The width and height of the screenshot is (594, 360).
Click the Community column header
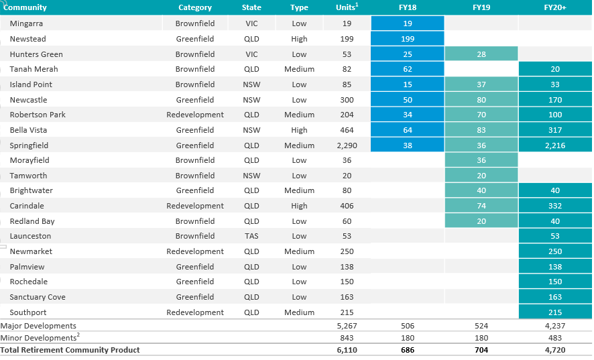[25, 7]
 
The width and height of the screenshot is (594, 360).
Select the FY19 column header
[481, 7]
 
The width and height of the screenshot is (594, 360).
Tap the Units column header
[347, 7]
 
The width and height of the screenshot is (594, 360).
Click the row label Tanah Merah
[34, 69]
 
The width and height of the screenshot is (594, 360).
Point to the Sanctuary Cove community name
[38, 297]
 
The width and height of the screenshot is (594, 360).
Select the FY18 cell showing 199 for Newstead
[407, 39]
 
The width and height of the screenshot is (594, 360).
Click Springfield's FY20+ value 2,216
[555, 145]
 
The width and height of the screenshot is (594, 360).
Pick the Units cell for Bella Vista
[347, 130]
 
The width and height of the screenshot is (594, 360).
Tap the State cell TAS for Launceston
[251, 236]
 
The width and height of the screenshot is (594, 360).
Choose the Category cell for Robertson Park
[195, 115]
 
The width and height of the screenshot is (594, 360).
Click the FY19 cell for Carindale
[481, 206]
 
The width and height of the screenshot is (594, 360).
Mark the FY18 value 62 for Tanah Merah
[407, 69]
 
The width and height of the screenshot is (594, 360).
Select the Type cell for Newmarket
[299, 251]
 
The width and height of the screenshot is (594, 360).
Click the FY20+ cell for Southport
[555, 312]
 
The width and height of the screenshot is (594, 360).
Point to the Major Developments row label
[38, 326]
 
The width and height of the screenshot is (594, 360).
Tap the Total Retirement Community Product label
[70, 350]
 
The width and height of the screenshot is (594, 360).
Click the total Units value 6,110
[347, 350]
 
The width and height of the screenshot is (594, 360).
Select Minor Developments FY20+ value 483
[555, 338]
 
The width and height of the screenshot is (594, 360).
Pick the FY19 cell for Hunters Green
[481, 54]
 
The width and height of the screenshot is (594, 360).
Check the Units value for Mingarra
[347, 23]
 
